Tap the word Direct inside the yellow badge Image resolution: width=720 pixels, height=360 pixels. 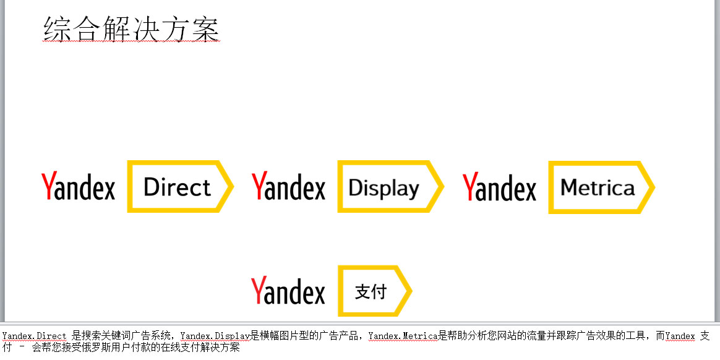(x=177, y=187)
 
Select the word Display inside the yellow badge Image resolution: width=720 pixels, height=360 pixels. (x=384, y=188)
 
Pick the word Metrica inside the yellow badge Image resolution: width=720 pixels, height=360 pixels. (x=598, y=187)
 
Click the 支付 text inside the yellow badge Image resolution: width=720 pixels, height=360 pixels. (x=371, y=291)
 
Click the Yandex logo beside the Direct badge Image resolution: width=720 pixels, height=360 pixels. (x=78, y=186)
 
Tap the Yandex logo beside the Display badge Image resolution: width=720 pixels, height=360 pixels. (x=288, y=186)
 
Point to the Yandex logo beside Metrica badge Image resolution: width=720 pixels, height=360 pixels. (x=499, y=187)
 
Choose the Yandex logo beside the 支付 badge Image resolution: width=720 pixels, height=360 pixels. (x=288, y=290)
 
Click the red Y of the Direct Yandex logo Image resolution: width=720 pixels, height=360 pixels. (x=49, y=186)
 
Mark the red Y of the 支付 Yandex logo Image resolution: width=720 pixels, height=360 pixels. (x=259, y=289)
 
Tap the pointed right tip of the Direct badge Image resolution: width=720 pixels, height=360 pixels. (x=233, y=186)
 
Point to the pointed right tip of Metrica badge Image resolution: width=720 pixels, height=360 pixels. (x=654, y=187)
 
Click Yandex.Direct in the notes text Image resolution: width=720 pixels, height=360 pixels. (x=35, y=336)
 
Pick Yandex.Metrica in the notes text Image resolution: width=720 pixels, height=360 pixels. (x=403, y=336)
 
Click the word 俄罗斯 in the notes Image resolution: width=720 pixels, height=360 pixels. (x=92, y=347)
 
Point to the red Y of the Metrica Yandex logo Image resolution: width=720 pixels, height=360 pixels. (x=470, y=186)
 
